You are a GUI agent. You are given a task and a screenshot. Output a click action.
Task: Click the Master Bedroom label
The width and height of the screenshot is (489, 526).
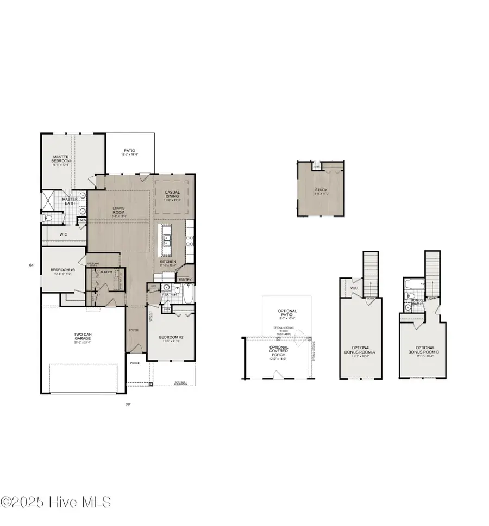[x=61, y=159]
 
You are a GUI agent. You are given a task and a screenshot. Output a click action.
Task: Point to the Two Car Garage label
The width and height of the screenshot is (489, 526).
[x=83, y=337]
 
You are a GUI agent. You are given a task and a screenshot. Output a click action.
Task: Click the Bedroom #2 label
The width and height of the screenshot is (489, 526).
[x=171, y=338]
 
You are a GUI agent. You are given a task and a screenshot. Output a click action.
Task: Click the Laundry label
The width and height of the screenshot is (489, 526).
[x=106, y=272]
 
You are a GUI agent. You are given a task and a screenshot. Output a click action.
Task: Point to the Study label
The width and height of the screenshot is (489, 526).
[x=321, y=191]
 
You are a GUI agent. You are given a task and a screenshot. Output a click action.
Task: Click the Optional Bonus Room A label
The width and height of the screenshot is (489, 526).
[x=361, y=351]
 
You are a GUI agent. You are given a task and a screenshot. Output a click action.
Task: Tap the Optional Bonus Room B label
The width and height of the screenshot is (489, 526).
[x=425, y=351]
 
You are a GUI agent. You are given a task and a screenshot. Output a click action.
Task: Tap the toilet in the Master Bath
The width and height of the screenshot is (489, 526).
[x=49, y=218]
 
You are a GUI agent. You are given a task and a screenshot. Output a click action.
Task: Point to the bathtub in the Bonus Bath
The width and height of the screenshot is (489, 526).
[x=413, y=284]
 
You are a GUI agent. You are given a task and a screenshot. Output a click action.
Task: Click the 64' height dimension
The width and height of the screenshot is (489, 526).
[x=32, y=265]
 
